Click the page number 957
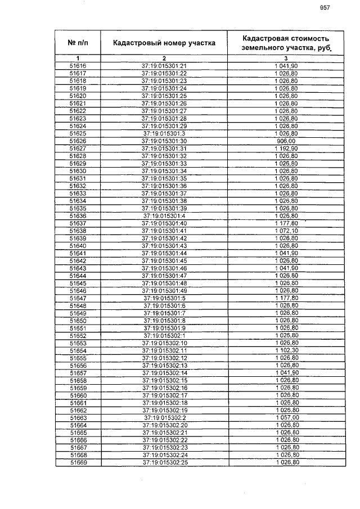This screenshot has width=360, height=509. coord(325,7)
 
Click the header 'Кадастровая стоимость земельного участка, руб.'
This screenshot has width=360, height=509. coord(285,43)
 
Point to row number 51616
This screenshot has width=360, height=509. coord(78,66)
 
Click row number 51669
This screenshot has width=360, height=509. coord(78,463)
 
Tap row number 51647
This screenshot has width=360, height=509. coord(78,298)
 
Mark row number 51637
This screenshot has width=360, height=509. coord(78,223)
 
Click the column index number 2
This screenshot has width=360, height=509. coord(164,58)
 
